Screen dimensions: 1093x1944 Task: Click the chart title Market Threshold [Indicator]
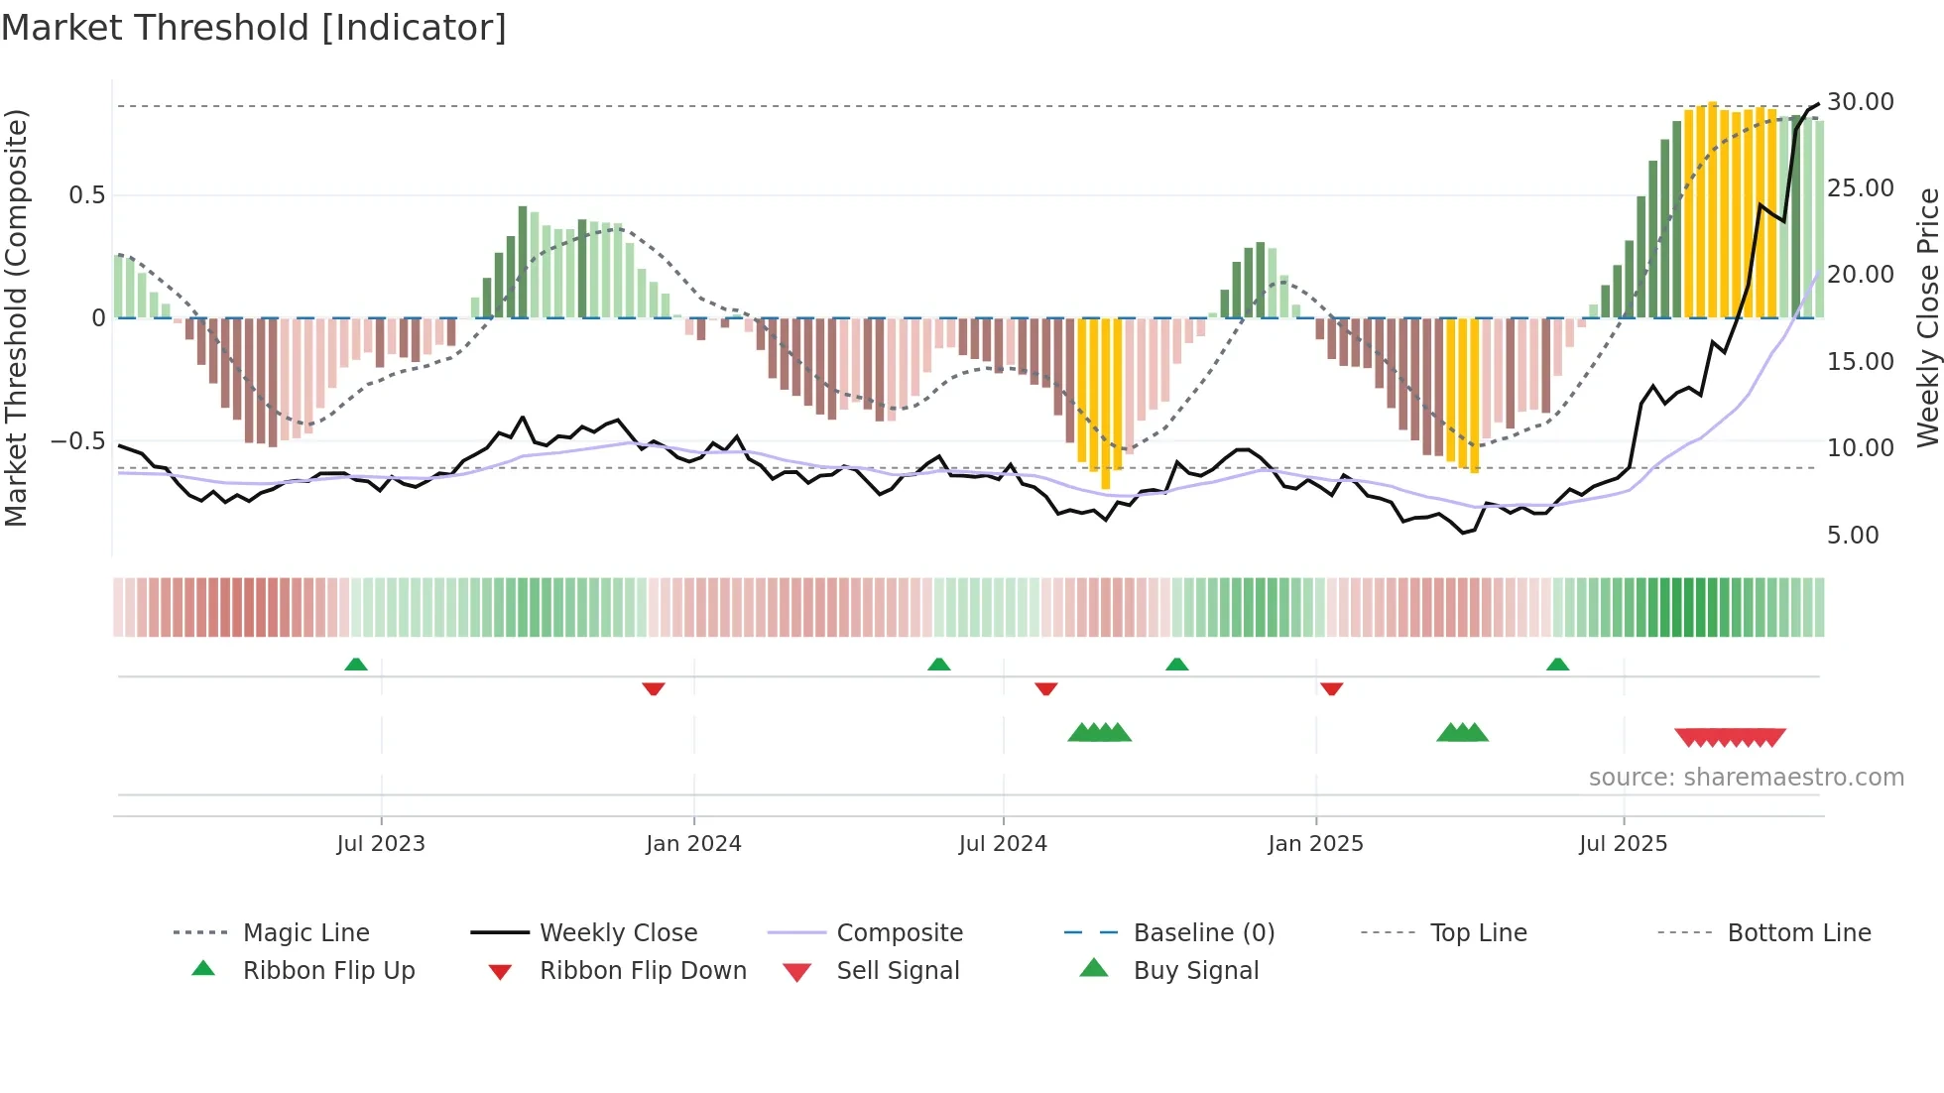pyautogui.click(x=254, y=28)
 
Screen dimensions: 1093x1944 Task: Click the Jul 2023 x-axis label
pyautogui.click(x=381, y=843)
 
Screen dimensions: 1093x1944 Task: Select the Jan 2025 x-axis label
pyautogui.click(x=1315, y=843)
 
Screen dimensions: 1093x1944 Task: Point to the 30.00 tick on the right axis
pyautogui.click(x=1860, y=101)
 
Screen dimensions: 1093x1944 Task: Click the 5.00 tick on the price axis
pyautogui.click(x=1853, y=535)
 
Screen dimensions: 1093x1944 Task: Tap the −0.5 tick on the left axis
pyautogui.click(x=77, y=440)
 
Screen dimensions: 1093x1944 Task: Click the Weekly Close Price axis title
pyautogui.click(x=1927, y=317)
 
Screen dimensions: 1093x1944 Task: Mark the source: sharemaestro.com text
pyautogui.click(x=1746, y=777)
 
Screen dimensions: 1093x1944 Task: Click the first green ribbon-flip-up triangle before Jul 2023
pyautogui.click(x=356, y=664)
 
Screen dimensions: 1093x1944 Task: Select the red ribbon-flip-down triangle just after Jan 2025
pyautogui.click(x=1331, y=688)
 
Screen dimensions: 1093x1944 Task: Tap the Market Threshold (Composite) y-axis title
pyautogui.click(x=16, y=317)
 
